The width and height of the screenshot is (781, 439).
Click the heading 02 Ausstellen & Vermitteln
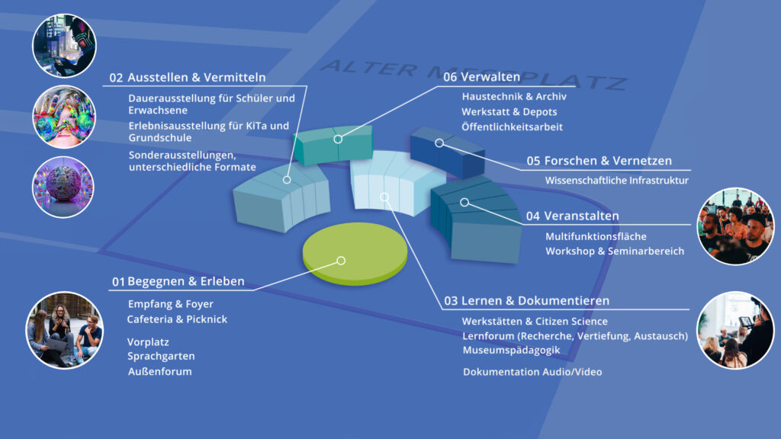(188, 78)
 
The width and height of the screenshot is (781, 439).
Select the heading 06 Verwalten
(481, 77)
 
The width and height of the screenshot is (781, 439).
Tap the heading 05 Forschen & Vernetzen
(599, 161)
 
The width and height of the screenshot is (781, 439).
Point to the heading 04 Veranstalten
(572, 216)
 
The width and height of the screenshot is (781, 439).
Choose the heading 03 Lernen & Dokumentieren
(526, 300)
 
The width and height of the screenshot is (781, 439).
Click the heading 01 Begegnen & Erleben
(178, 282)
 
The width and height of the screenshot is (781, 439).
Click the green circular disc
(355, 253)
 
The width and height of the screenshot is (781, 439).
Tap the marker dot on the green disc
(341, 261)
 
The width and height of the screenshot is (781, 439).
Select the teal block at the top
(333, 144)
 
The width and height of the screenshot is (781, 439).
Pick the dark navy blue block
(447, 152)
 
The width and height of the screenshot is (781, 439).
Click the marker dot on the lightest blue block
(384, 197)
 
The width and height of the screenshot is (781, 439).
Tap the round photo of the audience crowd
(735, 226)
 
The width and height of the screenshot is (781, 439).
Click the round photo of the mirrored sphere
(63, 187)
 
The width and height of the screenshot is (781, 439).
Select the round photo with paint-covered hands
(64, 117)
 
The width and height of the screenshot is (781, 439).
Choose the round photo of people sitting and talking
(65, 330)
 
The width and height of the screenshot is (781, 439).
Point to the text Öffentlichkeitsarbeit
(512, 127)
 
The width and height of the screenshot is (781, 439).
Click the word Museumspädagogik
(511, 351)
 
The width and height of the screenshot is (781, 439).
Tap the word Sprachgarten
(161, 357)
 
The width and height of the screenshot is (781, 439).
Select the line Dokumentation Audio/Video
(532, 372)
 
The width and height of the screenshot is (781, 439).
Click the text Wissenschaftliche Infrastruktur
(616, 180)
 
